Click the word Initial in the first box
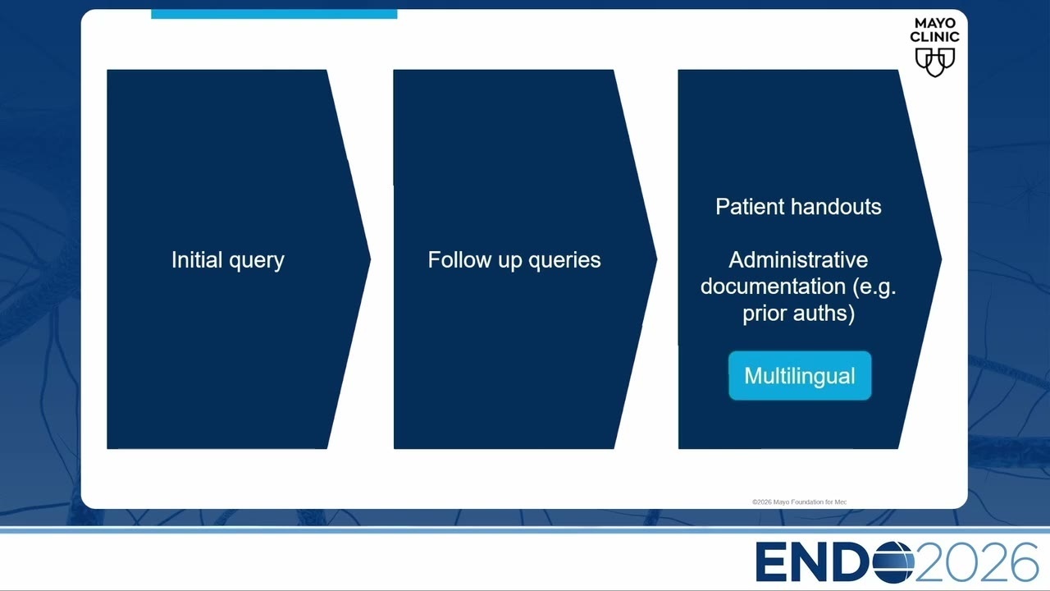coord(197,259)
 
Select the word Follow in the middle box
coord(459,259)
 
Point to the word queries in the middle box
coord(564,261)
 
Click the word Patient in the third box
coord(750,207)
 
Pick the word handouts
coord(836,207)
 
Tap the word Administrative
coord(798,260)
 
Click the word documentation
coord(773,286)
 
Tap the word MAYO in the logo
coord(935,23)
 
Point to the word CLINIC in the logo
coord(934,36)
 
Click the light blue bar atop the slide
coord(274,14)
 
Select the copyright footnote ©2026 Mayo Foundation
coord(799,502)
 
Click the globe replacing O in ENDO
coord(893,561)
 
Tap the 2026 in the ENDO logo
coord(976,562)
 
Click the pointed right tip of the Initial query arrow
coord(370,259)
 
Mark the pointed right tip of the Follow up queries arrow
coord(657,259)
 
